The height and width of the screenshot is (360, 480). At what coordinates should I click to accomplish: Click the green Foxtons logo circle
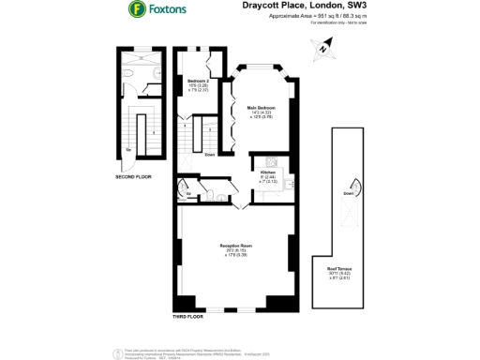click(x=138, y=10)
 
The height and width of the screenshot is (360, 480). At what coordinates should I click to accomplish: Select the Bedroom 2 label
click(x=198, y=82)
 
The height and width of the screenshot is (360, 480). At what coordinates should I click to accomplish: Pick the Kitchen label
click(x=267, y=173)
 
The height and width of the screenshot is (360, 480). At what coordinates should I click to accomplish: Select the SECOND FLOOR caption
click(x=133, y=176)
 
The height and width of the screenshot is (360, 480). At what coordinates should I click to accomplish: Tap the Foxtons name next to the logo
click(x=167, y=10)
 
